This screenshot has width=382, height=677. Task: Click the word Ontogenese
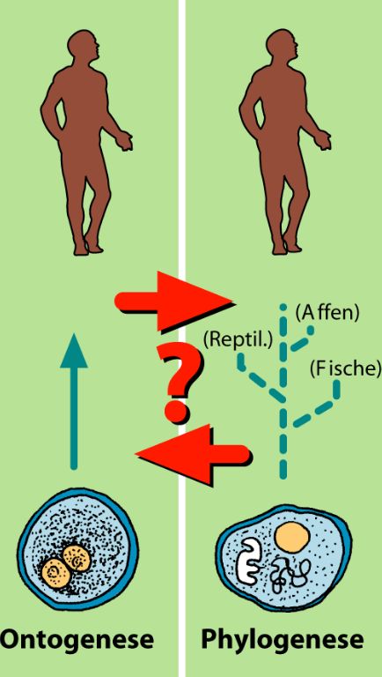(77, 639)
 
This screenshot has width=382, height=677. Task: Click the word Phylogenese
(282, 639)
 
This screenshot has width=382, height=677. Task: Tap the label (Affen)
(327, 313)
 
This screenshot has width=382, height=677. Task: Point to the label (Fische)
(346, 368)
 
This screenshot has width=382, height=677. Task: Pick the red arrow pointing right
(173, 301)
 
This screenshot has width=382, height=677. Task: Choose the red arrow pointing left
(193, 454)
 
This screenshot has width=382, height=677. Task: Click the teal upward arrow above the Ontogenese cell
(74, 401)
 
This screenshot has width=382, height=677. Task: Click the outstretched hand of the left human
(125, 142)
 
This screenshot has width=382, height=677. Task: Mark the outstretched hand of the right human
(323, 142)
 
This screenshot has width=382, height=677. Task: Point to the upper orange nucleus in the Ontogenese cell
(77, 559)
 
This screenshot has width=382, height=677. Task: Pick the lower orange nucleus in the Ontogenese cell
(56, 573)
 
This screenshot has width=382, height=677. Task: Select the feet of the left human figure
(87, 248)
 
